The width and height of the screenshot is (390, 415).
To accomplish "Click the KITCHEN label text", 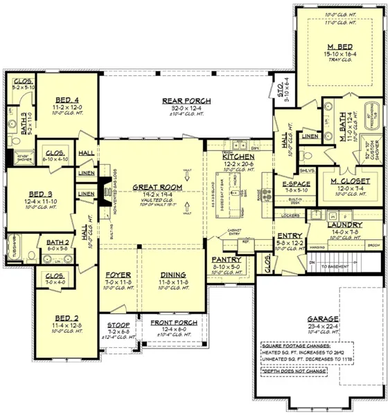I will (x=238, y=157).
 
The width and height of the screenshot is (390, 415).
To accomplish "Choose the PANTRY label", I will (x=226, y=259).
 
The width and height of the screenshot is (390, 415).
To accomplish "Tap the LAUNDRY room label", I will (x=345, y=225).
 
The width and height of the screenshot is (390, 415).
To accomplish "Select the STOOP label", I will (x=119, y=324).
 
